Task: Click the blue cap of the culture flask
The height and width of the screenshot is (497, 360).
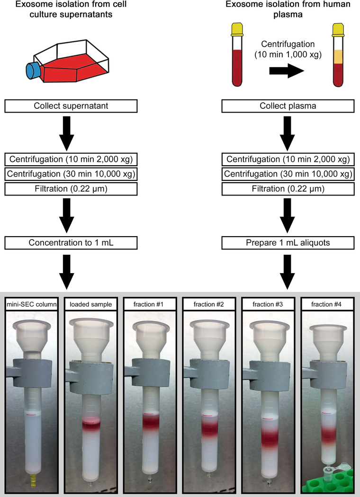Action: tap(32, 71)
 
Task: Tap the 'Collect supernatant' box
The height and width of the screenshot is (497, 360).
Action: tap(71, 106)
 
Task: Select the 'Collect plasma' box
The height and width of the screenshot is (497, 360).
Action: tap(288, 106)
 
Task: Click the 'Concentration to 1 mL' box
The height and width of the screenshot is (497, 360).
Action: tap(71, 243)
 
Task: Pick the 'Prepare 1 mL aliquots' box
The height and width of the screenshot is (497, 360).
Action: tap(288, 243)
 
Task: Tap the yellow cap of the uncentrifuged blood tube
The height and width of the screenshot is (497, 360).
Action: tap(236, 30)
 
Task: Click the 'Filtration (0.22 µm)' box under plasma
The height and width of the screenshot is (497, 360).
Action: tap(288, 189)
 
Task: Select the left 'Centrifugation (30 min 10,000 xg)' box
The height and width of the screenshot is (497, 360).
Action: tap(71, 174)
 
